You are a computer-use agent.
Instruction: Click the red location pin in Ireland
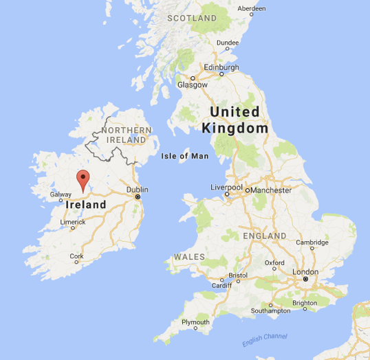coord(83,181)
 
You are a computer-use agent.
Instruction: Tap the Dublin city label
coord(138,190)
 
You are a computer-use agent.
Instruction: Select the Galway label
coord(61,194)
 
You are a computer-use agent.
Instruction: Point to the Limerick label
coord(72,223)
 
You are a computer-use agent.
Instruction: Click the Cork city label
coord(76,256)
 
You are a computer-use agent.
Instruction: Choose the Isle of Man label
coord(184,156)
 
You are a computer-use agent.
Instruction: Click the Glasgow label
coord(192,85)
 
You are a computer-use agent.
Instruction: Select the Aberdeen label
coord(251,8)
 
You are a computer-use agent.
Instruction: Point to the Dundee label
coord(228,43)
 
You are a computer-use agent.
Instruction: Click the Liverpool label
coord(226,187)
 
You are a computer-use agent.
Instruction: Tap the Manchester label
coord(272,190)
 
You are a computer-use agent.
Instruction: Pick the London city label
coord(305,272)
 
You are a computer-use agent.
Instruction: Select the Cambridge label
coord(312,243)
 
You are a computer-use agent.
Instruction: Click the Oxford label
coord(274,262)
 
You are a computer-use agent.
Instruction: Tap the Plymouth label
coord(195,322)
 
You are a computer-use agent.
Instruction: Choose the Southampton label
coord(271,311)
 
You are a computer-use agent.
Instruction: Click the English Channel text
coord(264,339)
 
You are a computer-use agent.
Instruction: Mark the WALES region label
coord(189,256)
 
